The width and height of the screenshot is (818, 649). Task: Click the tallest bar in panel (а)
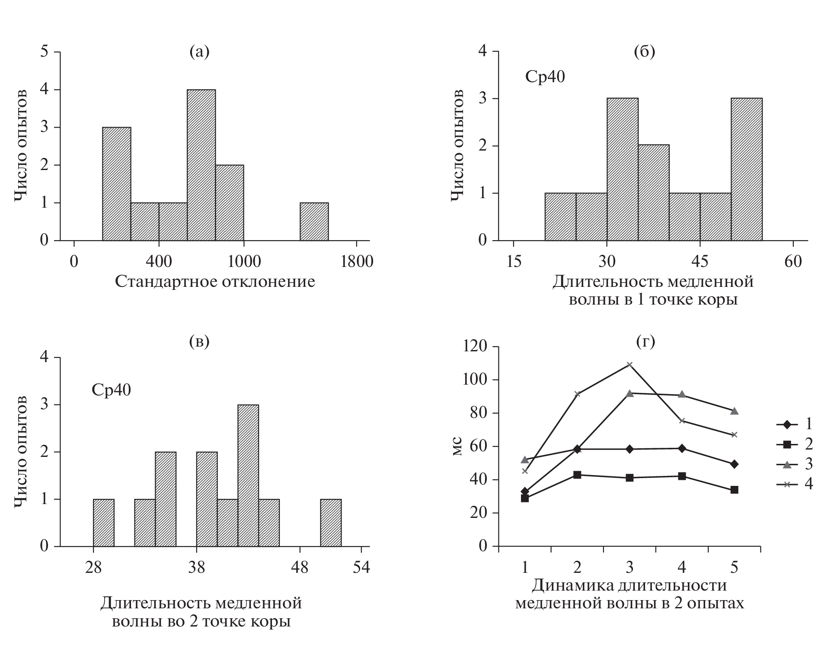tap(201, 164)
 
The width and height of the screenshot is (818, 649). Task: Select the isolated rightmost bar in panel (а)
tap(314, 222)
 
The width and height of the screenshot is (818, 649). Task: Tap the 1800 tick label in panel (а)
tap(356, 262)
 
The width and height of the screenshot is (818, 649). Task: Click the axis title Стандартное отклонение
tap(215, 282)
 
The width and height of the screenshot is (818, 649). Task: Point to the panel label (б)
tap(644, 51)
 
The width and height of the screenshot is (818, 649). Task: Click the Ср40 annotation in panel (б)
tap(545, 77)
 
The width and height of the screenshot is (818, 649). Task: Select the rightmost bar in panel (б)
tap(747, 169)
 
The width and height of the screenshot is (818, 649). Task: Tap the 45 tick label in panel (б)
tap(700, 262)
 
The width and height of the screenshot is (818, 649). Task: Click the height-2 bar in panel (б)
tap(653, 193)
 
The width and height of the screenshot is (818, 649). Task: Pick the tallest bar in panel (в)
tap(248, 476)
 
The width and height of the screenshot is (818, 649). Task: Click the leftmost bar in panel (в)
tap(104, 523)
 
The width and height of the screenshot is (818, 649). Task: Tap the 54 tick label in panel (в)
tap(361, 567)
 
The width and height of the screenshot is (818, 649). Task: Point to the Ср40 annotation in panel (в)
tap(111, 390)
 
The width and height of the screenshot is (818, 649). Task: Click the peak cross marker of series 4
tap(629, 365)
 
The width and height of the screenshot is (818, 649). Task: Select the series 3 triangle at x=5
tap(734, 411)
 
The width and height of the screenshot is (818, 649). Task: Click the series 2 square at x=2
tap(577, 475)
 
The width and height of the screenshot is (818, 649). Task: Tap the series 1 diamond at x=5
tap(734, 464)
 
